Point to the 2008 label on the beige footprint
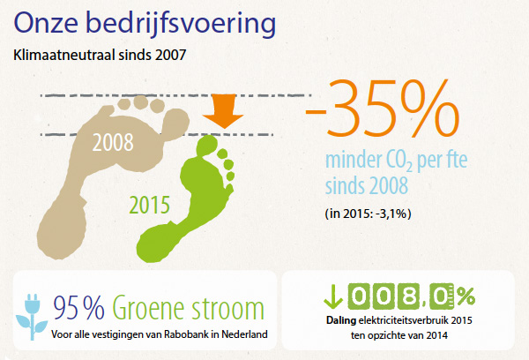117,141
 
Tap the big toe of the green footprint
212,145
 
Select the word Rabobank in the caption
186,336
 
